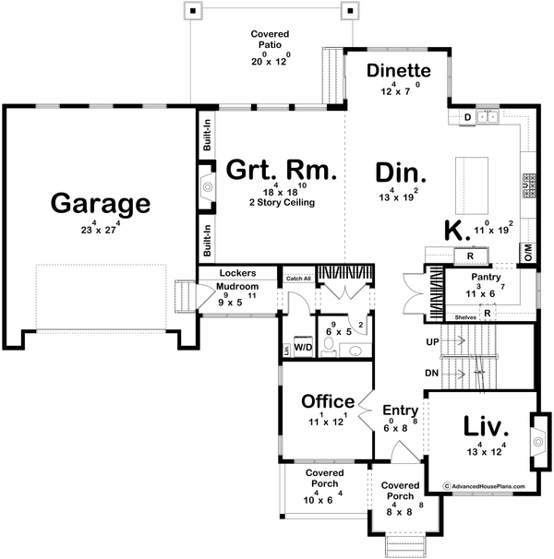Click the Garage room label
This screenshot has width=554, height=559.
click(88, 202)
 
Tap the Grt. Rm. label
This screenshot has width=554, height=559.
click(283, 171)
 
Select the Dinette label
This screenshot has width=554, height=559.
click(399, 71)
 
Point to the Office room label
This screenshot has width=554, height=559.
click(328, 401)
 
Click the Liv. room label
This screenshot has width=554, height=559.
click(485, 427)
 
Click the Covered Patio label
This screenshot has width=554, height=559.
click(270, 41)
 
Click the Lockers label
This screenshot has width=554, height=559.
click(237, 274)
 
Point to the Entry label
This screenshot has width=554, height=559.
click(401, 410)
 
